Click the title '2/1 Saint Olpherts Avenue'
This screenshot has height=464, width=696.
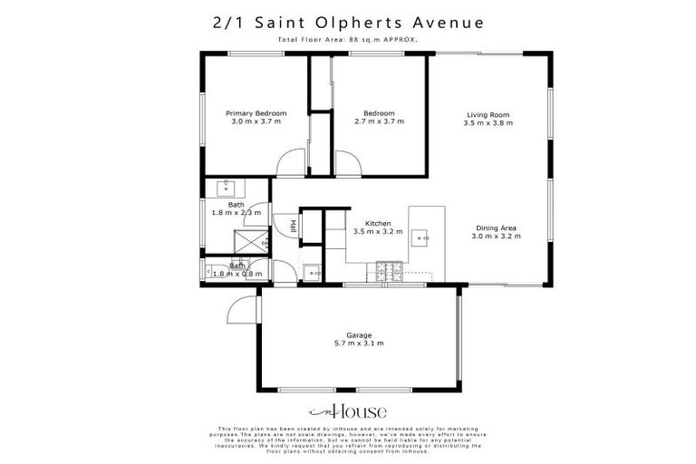[348, 22]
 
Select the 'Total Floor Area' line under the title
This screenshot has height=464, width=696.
[348, 41]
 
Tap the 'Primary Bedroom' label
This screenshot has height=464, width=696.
[256, 113]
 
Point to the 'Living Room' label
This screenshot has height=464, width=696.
[488, 115]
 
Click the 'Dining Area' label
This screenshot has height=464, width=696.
[495, 228]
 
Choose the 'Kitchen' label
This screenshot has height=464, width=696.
[378, 223]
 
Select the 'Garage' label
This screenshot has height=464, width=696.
[359, 334]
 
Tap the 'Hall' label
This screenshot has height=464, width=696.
[294, 226]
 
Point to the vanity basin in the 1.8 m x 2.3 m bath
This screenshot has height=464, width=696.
[224, 188]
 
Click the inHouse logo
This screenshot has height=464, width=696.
[348, 410]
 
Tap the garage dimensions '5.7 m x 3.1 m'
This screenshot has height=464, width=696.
[359, 343]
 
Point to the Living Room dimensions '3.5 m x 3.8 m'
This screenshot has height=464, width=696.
[488, 123]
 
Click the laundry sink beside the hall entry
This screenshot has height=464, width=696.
[312, 271]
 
